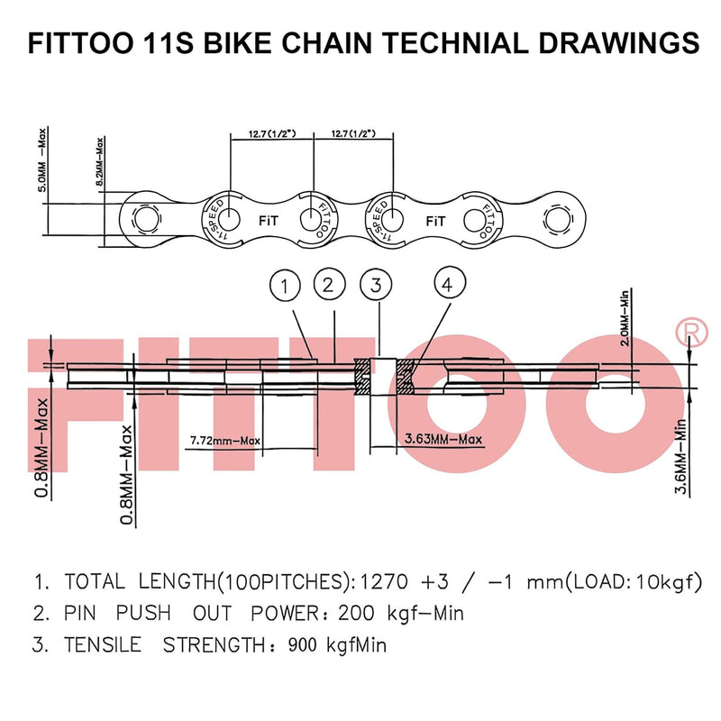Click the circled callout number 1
(285, 287)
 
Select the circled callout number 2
(329, 286)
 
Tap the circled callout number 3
(376, 286)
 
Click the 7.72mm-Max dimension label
(225, 441)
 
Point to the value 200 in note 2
(359, 614)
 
